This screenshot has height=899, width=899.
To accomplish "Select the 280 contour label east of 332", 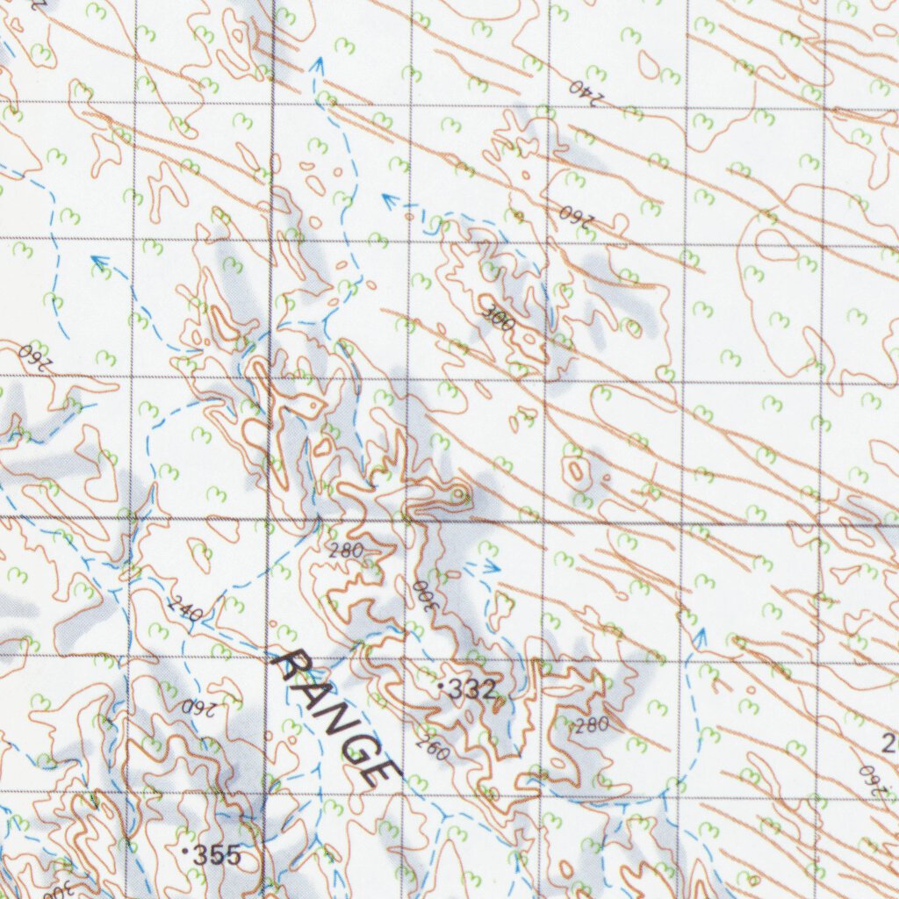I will (591, 725).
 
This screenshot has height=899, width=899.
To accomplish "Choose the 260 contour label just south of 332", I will (432, 744).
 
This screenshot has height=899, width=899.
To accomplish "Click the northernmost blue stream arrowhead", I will (317, 63).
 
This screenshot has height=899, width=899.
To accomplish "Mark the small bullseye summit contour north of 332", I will (457, 496).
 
